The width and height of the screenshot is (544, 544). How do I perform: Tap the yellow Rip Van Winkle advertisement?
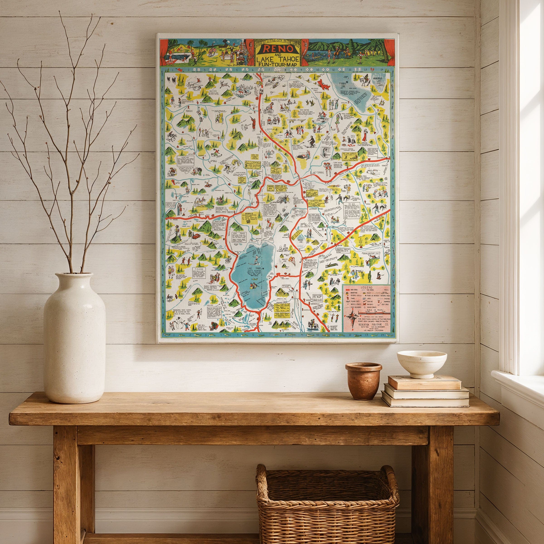[350, 156]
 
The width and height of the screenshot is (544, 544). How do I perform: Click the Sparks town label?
[319, 172]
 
